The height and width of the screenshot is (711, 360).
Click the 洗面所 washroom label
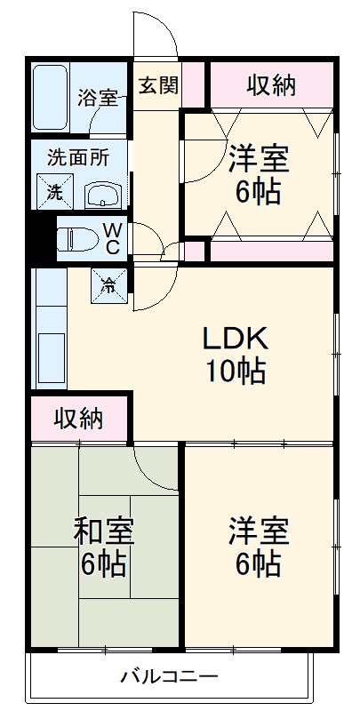coord(78,157)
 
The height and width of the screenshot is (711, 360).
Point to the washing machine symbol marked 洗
coord(53,189)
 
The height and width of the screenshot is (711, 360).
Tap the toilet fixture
coord(76,238)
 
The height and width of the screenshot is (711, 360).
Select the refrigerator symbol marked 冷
coord(108,284)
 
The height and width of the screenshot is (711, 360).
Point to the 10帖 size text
coord(236,371)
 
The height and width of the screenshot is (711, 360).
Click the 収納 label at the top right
coord(271,85)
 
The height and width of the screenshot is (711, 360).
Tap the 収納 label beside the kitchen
coord(78,418)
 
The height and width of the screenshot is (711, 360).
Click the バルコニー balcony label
coord(169,678)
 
